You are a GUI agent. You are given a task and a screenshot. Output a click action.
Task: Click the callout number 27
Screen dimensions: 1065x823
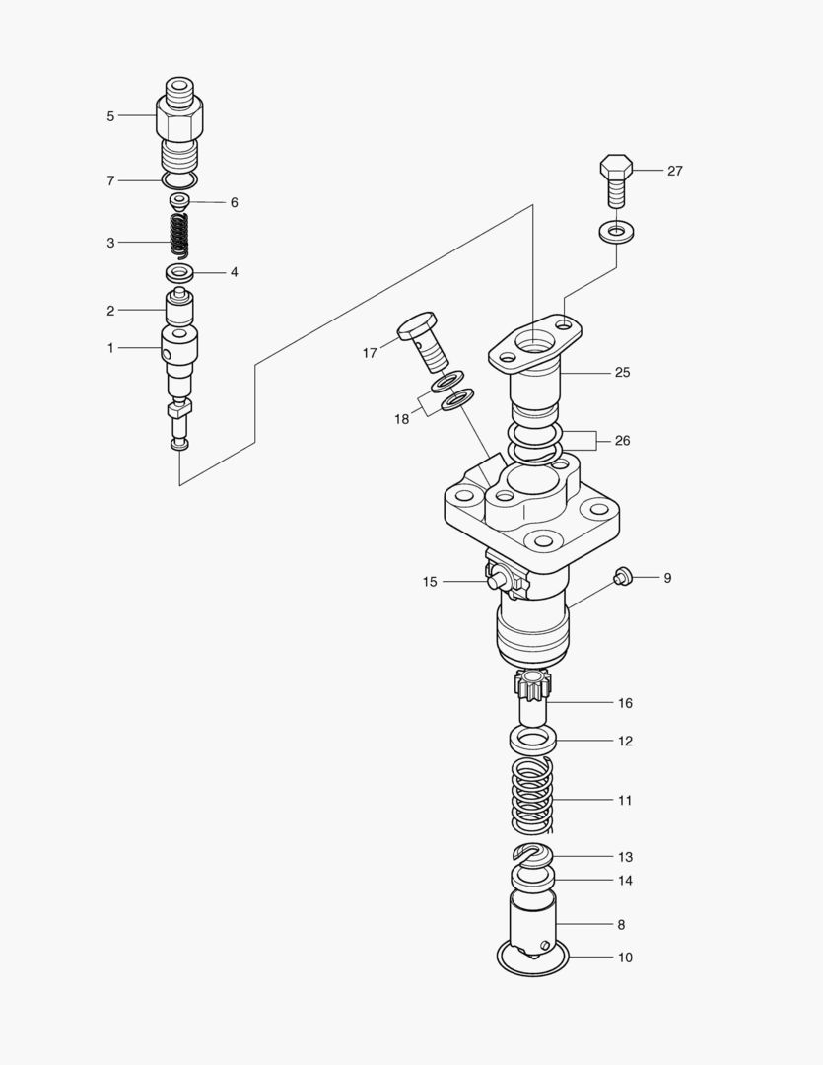tap(674, 171)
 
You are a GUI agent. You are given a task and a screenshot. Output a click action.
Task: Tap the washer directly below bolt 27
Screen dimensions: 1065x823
tap(616, 233)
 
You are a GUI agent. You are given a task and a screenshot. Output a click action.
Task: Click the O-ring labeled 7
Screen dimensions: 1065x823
tap(179, 180)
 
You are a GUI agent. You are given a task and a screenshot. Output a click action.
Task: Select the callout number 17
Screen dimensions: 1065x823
tap(370, 353)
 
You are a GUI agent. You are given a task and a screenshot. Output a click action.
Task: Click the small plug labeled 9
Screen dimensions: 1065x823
tap(622, 577)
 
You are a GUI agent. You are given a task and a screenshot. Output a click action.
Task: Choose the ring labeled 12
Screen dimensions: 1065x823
tap(533, 739)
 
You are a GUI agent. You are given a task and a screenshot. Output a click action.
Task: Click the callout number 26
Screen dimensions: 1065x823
tap(622, 441)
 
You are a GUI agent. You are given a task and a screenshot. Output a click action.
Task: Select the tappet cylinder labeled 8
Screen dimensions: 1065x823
tap(532, 922)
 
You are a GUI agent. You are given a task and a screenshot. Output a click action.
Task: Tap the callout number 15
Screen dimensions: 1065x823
tap(430, 582)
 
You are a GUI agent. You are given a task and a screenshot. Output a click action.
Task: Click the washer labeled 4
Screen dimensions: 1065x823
tap(178, 272)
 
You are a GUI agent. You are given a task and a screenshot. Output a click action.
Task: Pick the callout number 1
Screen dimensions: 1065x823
tap(110, 347)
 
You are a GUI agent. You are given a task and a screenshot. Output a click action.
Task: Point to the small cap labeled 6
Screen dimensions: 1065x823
tap(179, 202)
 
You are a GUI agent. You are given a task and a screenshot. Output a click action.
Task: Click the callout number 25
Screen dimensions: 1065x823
tap(622, 373)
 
